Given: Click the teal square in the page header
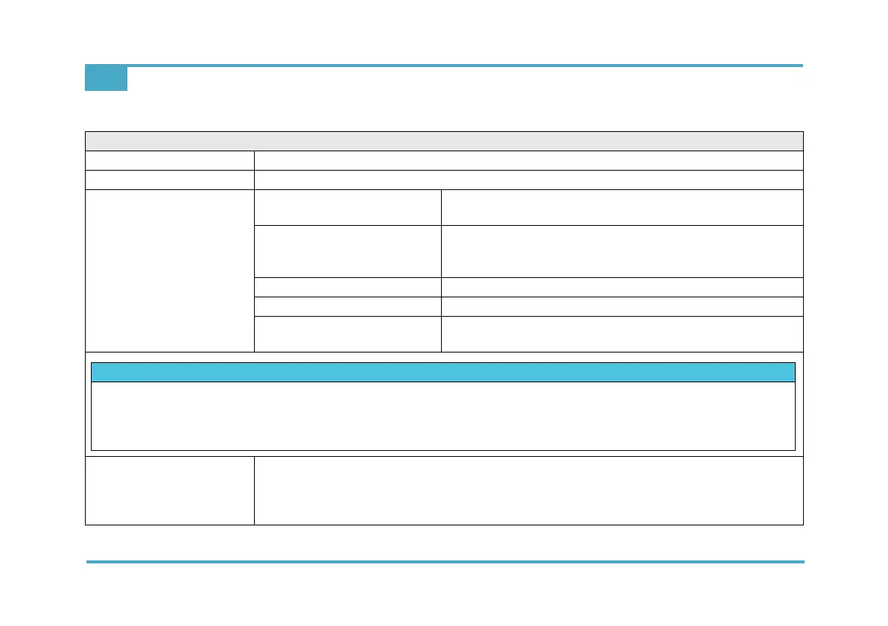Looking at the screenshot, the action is click(106, 78).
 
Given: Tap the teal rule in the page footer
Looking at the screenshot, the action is click(445, 561).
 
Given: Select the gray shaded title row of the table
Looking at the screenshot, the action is click(444, 141).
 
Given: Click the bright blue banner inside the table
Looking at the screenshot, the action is click(443, 372).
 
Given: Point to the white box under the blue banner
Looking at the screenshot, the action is click(443, 416).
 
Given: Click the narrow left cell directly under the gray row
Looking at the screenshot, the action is click(170, 160).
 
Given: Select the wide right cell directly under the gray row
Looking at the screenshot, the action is click(528, 160).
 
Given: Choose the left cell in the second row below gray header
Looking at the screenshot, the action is click(170, 180).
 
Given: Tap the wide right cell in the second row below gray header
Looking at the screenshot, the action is click(528, 180).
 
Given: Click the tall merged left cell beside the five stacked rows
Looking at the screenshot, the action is click(170, 271).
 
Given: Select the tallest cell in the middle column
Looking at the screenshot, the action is click(347, 251).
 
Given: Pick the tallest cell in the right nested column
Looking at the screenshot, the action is click(621, 251).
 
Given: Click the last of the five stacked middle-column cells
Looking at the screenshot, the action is click(347, 333).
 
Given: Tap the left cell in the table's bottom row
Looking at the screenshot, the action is click(170, 490).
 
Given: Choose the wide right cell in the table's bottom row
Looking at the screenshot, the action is click(528, 490).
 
